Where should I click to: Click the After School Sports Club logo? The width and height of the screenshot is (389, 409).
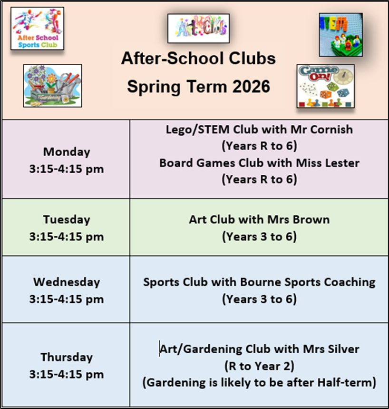[x=37, y=29]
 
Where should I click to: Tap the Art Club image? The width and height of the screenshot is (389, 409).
[x=198, y=29]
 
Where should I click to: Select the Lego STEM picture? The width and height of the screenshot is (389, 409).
[x=341, y=35]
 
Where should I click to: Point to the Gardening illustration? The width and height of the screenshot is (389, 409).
[x=53, y=86]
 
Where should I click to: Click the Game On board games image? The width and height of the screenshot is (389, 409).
[x=326, y=86]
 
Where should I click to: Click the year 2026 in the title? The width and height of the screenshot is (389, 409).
[x=251, y=87]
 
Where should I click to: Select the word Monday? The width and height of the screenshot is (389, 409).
[x=67, y=152]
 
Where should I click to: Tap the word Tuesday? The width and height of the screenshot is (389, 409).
[x=67, y=219]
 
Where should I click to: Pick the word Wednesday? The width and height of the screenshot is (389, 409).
[x=67, y=282]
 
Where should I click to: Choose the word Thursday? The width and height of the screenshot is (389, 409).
[x=67, y=357]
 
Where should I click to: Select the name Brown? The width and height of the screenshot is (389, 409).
[x=311, y=219]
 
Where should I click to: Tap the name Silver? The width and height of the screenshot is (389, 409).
[x=343, y=349]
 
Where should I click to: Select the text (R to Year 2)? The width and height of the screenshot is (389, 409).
[x=260, y=366]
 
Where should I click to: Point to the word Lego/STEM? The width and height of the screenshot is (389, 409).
[x=198, y=130]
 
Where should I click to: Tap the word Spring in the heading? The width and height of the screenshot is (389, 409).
[x=154, y=87]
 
